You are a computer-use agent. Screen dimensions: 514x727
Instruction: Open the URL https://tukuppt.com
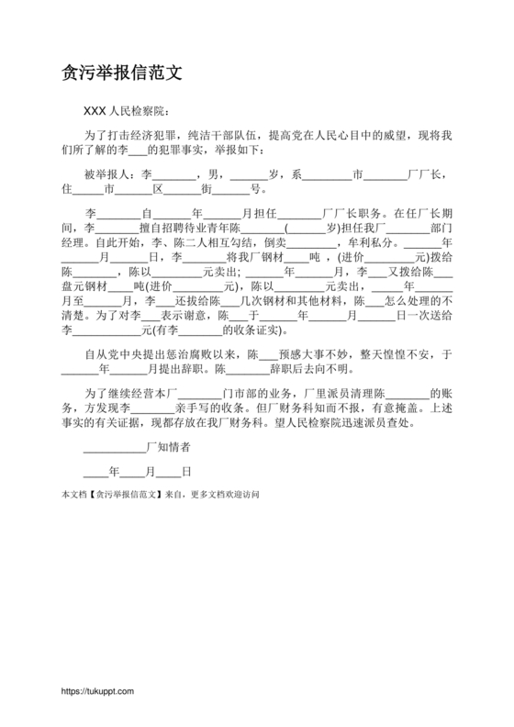97,690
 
